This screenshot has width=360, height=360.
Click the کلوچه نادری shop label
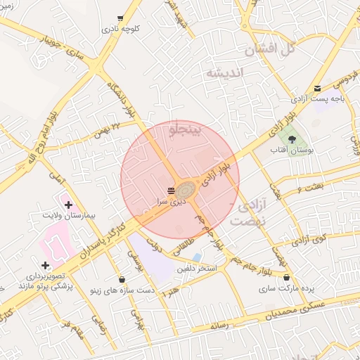coord(122,30)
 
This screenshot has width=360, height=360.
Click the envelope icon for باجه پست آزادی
coord(319,89)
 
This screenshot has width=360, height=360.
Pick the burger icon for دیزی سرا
coord(172,191)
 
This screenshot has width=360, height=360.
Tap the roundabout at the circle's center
coord(187,191)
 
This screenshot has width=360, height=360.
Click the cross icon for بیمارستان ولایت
coord(67,205)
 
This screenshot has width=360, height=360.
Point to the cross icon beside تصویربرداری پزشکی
coord(45,265)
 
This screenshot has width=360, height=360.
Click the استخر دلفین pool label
coord(197,269)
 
